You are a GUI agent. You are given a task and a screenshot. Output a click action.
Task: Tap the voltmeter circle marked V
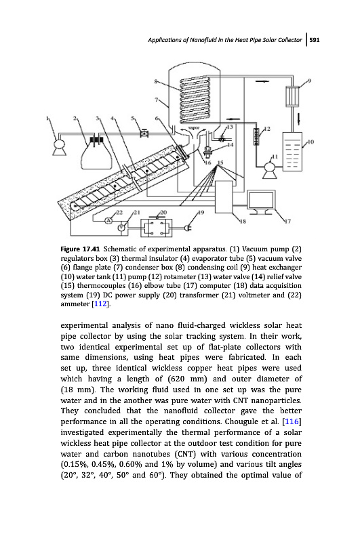point(121,227)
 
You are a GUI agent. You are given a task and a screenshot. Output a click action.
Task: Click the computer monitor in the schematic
point(262,203)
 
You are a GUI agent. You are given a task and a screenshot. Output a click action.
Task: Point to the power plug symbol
point(188,228)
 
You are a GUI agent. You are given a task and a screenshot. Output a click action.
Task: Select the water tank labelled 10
point(292,151)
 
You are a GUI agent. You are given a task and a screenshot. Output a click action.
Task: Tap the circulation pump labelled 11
point(268,169)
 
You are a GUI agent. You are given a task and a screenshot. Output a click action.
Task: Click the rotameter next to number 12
point(256,137)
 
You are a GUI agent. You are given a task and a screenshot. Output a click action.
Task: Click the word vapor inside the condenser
point(194,128)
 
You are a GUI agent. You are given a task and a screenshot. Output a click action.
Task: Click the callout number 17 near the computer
point(286,222)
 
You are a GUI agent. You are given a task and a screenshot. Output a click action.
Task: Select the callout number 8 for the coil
point(156,81)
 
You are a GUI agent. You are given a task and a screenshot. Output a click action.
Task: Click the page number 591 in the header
point(315,40)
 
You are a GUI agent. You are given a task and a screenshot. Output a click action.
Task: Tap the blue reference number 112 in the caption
point(100,304)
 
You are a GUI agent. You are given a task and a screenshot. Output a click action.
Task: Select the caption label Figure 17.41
point(80,249)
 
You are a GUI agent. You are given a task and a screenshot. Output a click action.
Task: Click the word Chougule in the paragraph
point(244,422)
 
